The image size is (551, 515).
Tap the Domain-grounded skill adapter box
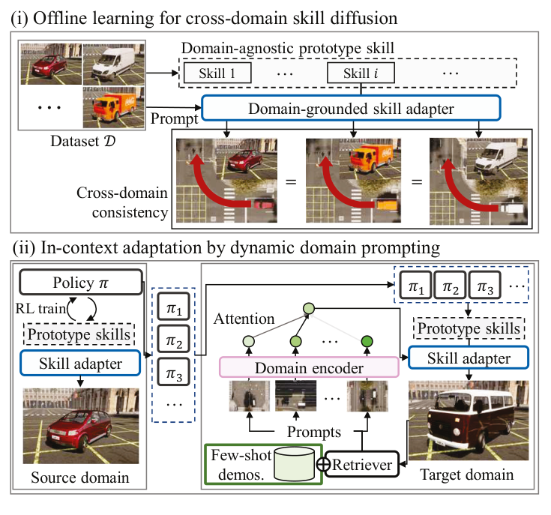(x=350, y=108)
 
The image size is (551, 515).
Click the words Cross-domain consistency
(x=121, y=202)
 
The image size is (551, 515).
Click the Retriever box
(x=363, y=466)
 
